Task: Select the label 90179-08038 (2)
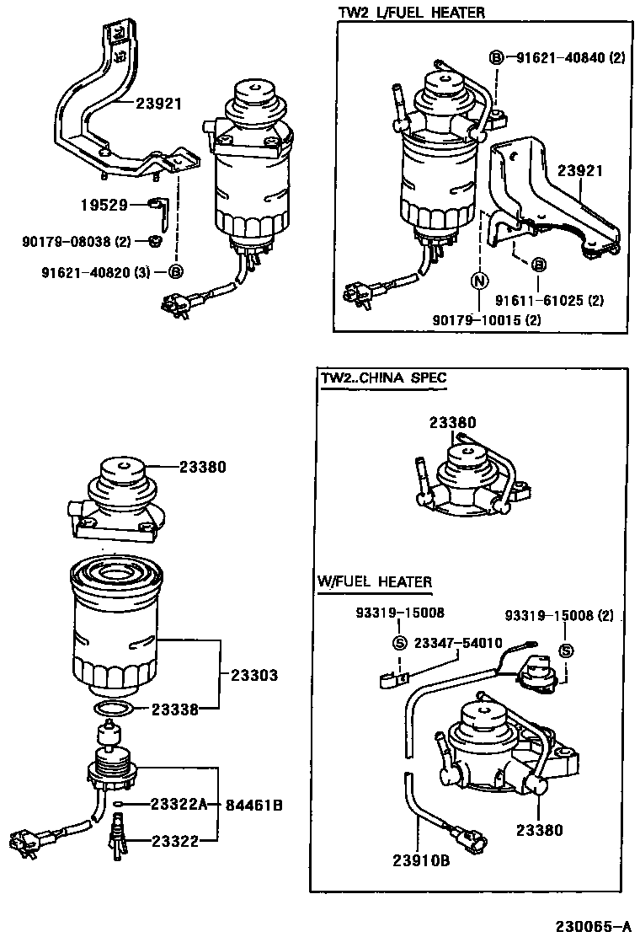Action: pyautogui.click(x=77, y=242)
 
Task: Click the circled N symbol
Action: pyautogui.click(x=477, y=281)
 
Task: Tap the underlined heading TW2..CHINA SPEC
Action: pyautogui.click(x=383, y=378)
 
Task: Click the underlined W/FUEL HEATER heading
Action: pyautogui.click(x=374, y=581)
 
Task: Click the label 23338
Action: pyautogui.click(x=175, y=710)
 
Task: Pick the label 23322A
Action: pyautogui.click(x=179, y=805)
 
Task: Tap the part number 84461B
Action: pyautogui.click(x=253, y=805)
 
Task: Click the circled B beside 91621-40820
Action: pyautogui.click(x=175, y=271)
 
